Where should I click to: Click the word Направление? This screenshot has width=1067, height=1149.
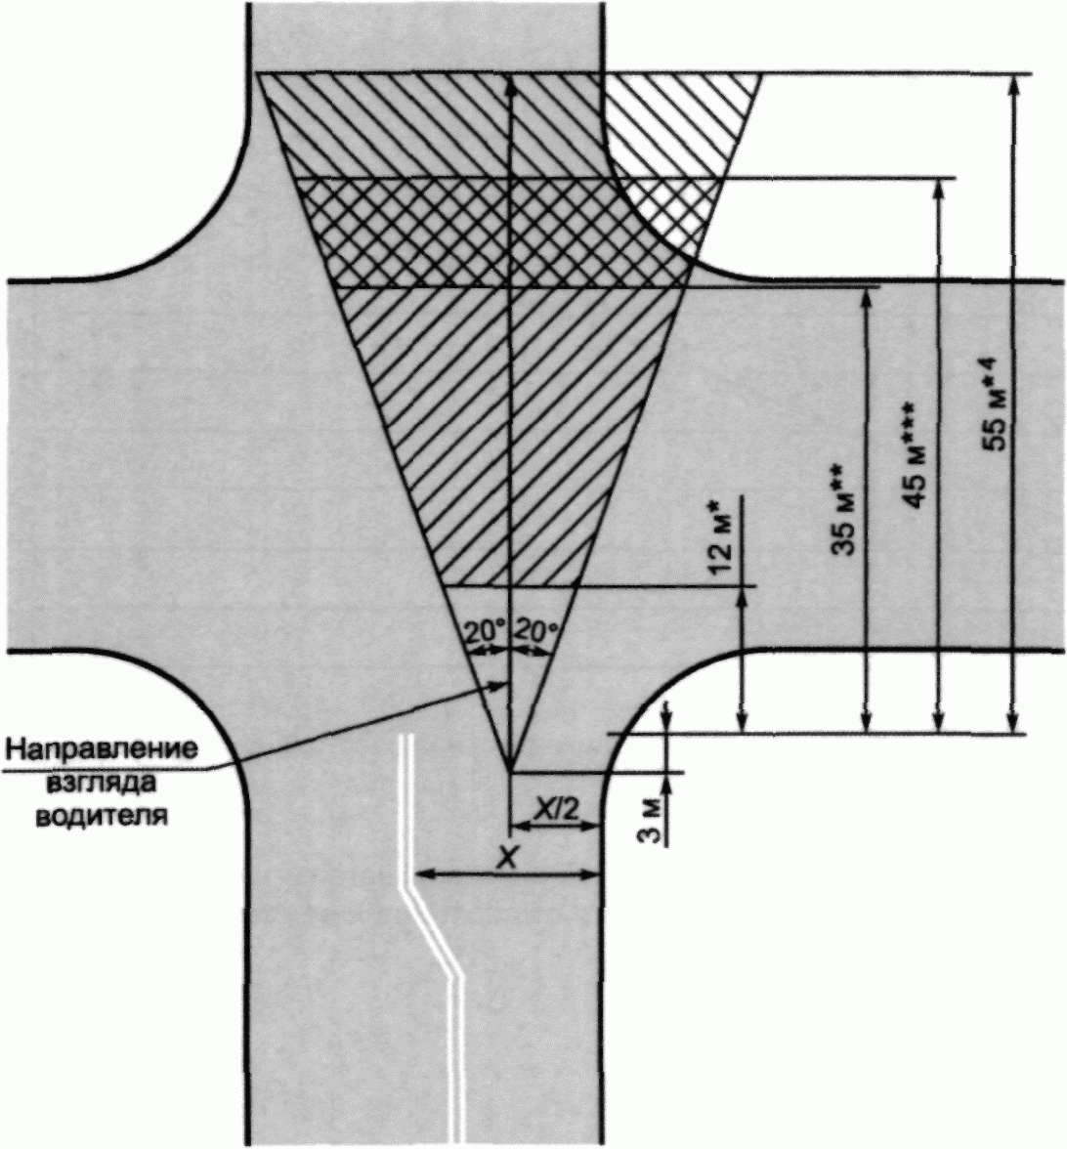point(101,751)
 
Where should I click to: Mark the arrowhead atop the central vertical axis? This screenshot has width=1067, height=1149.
point(511,81)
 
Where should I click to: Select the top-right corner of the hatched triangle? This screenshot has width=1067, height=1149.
point(760,74)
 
